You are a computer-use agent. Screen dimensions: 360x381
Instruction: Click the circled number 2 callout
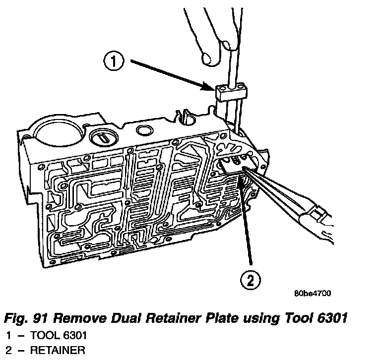coord(251,280)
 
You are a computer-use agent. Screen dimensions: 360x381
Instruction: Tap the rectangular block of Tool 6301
coord(231,92)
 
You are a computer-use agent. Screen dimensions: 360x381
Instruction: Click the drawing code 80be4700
coord(312,293)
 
